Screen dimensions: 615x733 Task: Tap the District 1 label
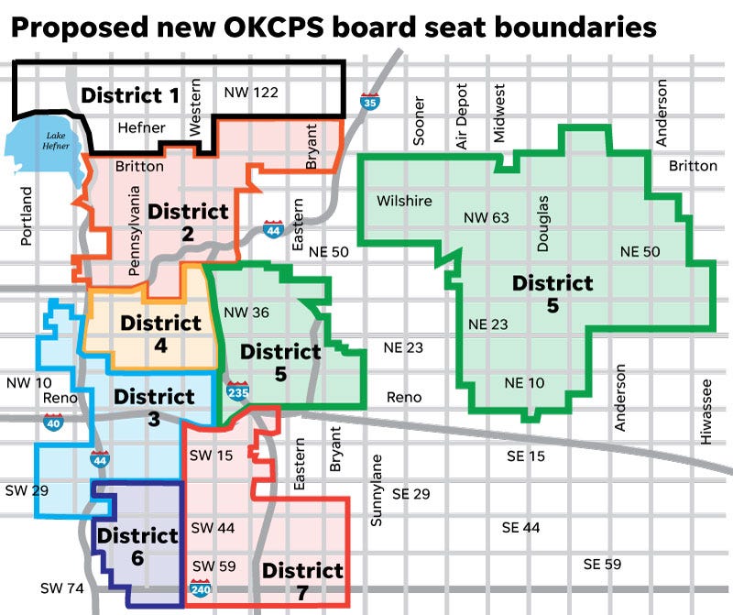point(130,94)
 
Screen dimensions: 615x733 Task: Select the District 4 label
point(160,335)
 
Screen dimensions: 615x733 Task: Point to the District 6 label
point(137,546)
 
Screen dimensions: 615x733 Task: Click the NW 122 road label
point(250,92)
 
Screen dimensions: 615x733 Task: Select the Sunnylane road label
point(375,489)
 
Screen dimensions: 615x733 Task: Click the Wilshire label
point(404,201)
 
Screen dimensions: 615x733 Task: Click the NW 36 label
point(246,313)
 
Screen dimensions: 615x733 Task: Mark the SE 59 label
point(602,564)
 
